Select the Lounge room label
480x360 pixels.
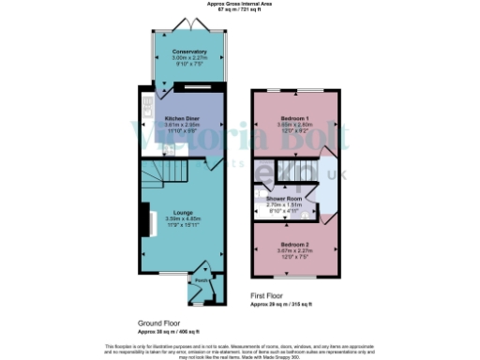click(x=183, y=212)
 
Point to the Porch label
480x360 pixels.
click(x=201, y=279)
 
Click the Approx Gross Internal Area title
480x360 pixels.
click(x=240, y=5)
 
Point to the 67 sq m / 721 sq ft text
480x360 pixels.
click(x=240, y=10)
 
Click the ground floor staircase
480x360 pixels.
click(x=165, y=173)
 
